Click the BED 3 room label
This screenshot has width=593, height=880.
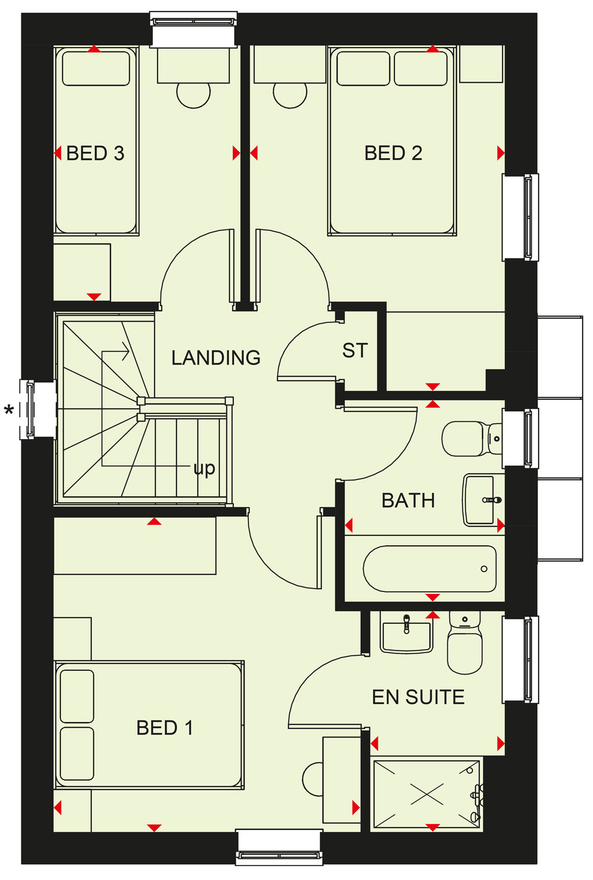(95, 153)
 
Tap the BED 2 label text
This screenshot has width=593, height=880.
(393, 153)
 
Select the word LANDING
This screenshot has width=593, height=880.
(216, 358)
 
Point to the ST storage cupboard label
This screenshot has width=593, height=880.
(355, 350)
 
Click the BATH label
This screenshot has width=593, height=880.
(408, 501)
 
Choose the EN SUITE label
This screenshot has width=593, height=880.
(418, 697)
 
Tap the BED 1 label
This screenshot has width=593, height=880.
(164, 728)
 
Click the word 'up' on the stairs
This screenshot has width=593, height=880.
(204, 468)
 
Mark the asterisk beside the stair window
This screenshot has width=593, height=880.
(9, 411)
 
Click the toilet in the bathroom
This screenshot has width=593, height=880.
(471, 439)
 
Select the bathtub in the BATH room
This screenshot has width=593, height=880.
(430, 568)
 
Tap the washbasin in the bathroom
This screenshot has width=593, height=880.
(482, 500)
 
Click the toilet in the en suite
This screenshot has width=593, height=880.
(464, 642)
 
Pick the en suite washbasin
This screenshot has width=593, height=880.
(407, 633)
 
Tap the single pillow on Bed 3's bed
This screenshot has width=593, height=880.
(96, 68)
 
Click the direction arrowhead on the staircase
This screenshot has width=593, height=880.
(125, 351)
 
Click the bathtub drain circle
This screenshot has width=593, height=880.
(484, 568)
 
